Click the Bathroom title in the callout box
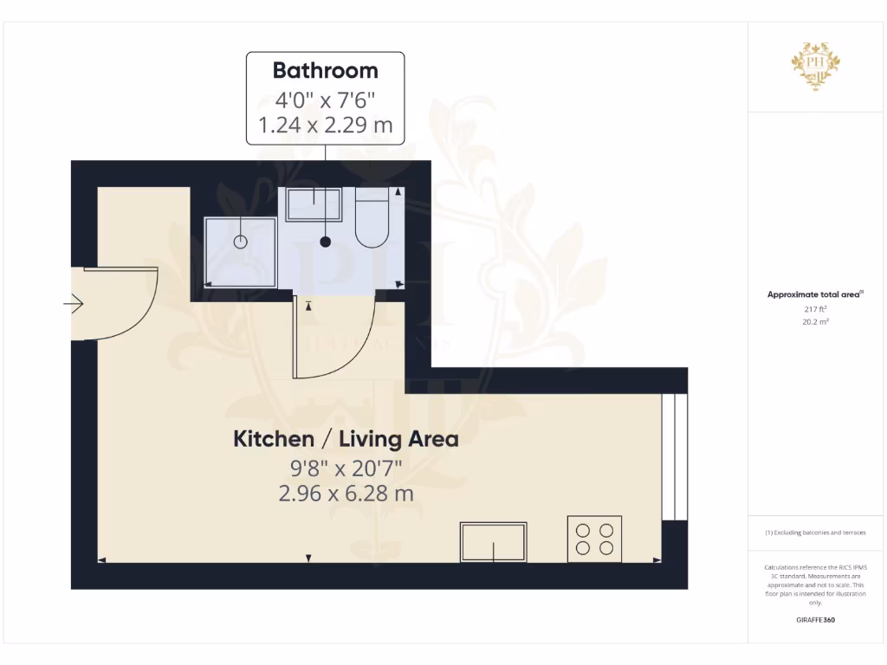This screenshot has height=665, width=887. (325, 70)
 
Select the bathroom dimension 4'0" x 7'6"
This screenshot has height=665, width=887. (325, 98)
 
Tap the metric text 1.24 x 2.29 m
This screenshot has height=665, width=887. (325, 126)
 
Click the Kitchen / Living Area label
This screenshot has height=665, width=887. (346, 439)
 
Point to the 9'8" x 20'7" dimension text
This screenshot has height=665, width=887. (346, 469)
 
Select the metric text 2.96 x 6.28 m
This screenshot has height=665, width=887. (346, 494)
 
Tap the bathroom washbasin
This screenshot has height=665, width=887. (314, 204)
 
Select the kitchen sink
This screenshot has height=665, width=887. (494, 542)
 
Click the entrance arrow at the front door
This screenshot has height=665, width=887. (74, 304)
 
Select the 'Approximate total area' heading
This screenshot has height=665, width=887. (814, 295)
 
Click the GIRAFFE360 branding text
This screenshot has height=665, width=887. (815, 620)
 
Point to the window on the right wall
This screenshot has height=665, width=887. (674, 456)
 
